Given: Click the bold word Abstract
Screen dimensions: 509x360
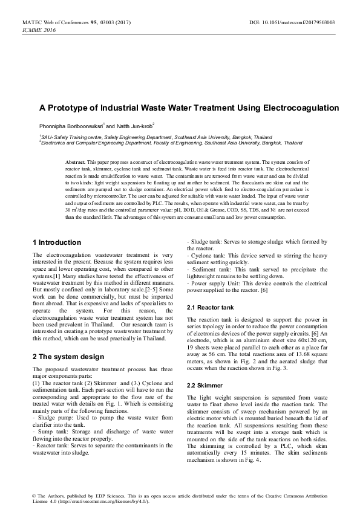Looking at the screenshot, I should click(75, 163).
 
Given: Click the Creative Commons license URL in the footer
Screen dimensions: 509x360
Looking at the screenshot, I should click(100, 502).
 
